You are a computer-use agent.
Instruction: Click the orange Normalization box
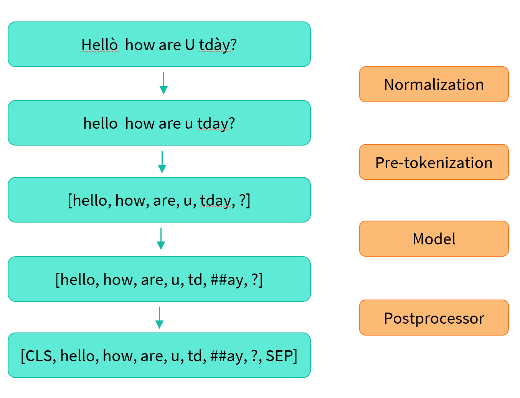pyautogui.click(x=434, y=85)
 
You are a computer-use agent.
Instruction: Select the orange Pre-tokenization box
pyautogui.click(x=434, y=162)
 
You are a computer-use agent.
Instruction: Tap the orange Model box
pyautogui.click(x=434, y=239)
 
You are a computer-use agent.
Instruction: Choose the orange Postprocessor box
pyautogui.click(x=434, y=318)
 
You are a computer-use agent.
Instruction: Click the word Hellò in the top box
pyautogui.click(x=100, y=45)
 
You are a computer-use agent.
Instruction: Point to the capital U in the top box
pyautogui.click(x=190, y=45)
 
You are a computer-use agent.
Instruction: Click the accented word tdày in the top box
pyautogui.click(x=215, y=45)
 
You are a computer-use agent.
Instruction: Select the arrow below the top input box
pyautogui.click(x=163, y=83)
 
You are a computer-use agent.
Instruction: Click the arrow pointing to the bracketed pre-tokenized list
pyautogui.click(x=162, y=162)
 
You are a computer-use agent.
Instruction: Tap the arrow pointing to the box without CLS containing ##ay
pyautogui.click(x=161, y=239)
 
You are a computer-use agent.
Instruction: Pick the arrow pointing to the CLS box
pyautogui.click(x=159, y=318)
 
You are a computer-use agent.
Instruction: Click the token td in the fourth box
pyautogui.click(x=195, y=280)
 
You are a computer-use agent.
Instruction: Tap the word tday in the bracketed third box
pyautogui.click(x=215, y=200)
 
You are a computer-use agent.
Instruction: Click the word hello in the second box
pyautogui.click(x=101, y=123)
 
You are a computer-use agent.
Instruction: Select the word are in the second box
pyautogui.click(x=169, y=123)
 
